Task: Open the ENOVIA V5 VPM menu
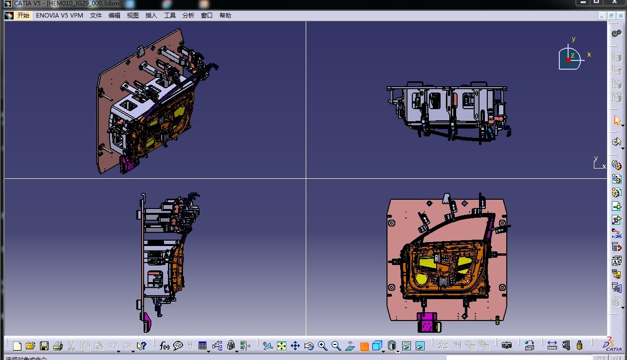pyautogui.click(x=59, y=16)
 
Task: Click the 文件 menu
pyautogui.click(x=96, y=16)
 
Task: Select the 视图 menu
pyautogui.click(x=133, y=16)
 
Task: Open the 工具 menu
pyautogui.click(x=170, y=16)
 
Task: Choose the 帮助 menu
pyautogui.click(x=225, y=16)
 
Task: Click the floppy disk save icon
pyautogui.click(x=44, y=346)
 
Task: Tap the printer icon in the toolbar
pyautogui.click(x=57, y=346)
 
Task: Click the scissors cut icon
pyautogui.click(x=71, y=346)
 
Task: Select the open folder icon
pyautogui.click(x=30, y=346)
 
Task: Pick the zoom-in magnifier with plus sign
pyautogui.click(x=322, y=346)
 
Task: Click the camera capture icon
pyautogui.click(x=507, y=346)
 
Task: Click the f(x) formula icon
pyautogui.click(x=164, y=346)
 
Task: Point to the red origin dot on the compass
pyautogui.click(x=568, y=60)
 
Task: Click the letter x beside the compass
pyautogui.click(x=589, y=55)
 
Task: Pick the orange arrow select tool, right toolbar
pyautogui.click(x=617, y=120)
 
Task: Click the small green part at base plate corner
pyautogui.click(x=497, y=320)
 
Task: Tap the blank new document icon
pyautogui.click(x=17, y=346)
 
